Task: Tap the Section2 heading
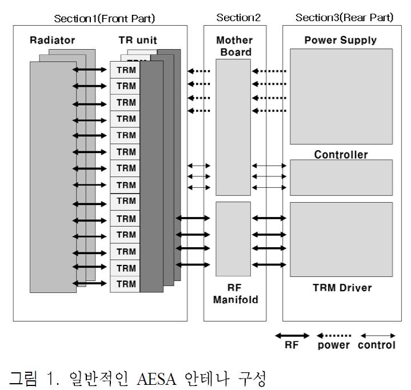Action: pyautogui.click(x=238, y=18)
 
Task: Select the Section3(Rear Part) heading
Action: pyautogui.click(x=344, y=18)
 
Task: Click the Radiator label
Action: pyautogui.click(x=53, y=41)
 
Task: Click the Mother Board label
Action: pyautogui.click(x=234, y=46)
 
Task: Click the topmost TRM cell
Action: pyautogui.click(x=126, y=70)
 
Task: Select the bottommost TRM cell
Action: pyautogui.click(x=126, y=284)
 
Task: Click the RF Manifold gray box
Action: pyautogui.click(x=233, y=239)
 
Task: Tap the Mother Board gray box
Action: pyautogui.click(x=233, y=127)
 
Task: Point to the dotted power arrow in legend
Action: pyautogui.click(x=334, y=335)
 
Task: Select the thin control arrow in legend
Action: pyautogui.click(x=377, y=335)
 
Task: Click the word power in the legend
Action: pyautogui.click(x=334, y=345)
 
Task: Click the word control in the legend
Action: pyautogui.click(x=377, y=345)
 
